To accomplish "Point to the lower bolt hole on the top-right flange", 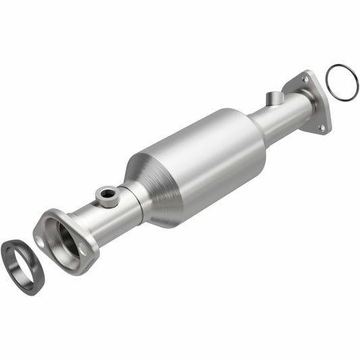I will [322, 126].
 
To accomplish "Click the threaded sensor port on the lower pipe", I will [107, 195].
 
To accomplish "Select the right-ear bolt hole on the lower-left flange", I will [84, 249].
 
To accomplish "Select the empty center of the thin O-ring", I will [341, 82].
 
